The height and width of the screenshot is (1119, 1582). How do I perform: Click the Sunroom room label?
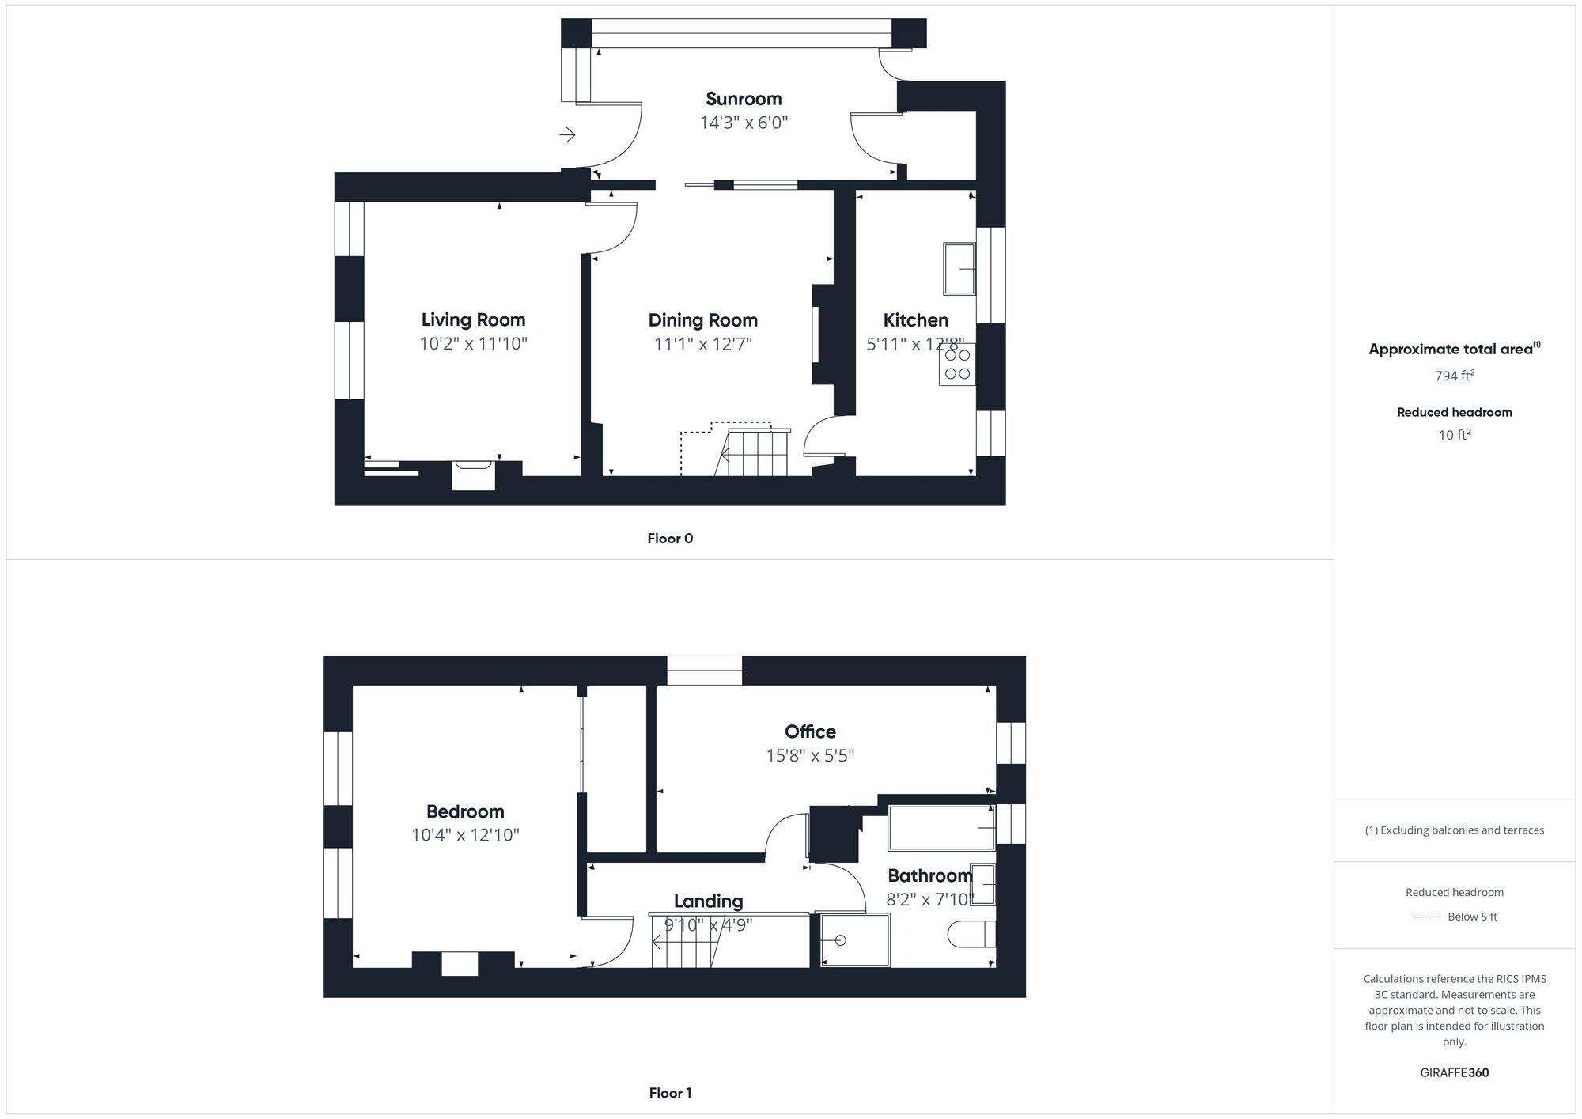click(x=744, y=99)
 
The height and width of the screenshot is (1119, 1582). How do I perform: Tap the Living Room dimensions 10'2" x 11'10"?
click(x=473, y=344)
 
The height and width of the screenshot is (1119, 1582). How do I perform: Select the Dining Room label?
click(x=702, y=320)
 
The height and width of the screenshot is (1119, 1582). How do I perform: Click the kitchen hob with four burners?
click(x=957, y=365)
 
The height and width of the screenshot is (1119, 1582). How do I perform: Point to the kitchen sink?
click(x=959, y=269)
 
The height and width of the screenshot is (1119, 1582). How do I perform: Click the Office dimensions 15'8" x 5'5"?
click(x=810, y=755)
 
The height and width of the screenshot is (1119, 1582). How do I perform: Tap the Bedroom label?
click(x=465, y=811)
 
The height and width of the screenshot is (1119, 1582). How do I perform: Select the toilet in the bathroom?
click(x=971, y=934)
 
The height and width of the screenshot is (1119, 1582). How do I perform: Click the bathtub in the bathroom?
click(x=941, y=828)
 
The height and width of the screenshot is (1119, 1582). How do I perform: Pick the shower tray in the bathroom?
click(x=855, y=940)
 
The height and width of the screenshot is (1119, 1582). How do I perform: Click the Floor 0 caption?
click(x=670, y=539)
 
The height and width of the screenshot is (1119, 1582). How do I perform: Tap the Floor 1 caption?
click(x=670, y=1093)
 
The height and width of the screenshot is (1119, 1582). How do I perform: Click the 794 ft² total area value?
click(x=1454, y=376)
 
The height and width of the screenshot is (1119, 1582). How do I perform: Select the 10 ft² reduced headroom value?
click(x=1454, y=435)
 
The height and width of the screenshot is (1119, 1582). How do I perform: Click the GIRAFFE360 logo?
click(x=1454, y=1073)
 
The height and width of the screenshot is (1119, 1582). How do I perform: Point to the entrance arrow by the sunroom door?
click(x=567, y=135)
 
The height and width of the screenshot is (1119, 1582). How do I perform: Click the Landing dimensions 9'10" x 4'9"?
click(x=708, y=924)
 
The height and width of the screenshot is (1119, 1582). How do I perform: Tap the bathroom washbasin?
click(x=982, y=884)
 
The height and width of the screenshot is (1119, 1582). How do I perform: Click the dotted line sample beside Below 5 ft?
click(x=1425, y=917)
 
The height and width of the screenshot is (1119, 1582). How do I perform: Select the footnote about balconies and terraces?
click(x=1454, y=830)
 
